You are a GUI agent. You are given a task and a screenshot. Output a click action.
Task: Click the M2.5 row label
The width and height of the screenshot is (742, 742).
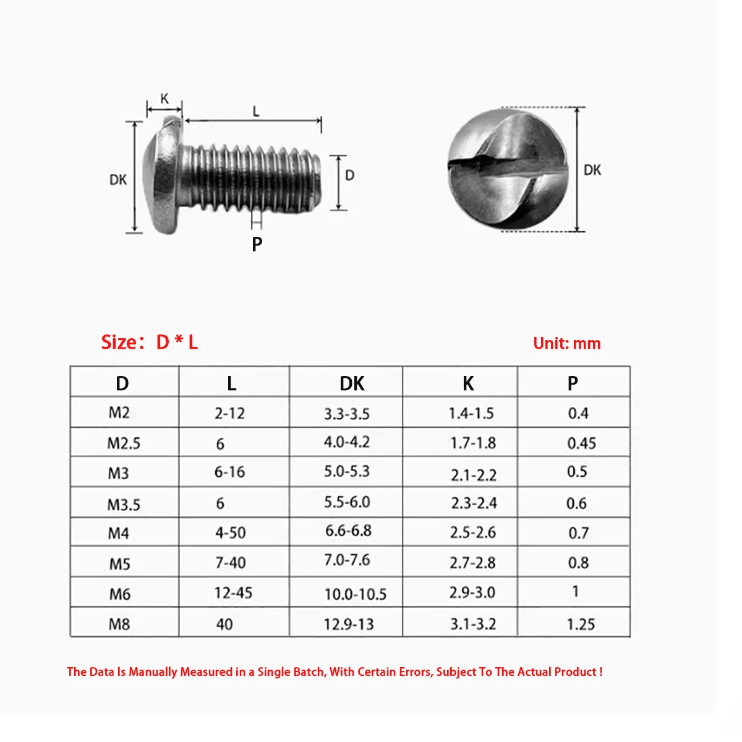[x=124, y=443]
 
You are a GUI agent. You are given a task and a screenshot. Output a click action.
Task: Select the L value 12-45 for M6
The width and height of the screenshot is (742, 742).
[x=233, y=593]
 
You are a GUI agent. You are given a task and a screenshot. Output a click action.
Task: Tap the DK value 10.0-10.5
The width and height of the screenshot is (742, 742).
[x=356, y=595]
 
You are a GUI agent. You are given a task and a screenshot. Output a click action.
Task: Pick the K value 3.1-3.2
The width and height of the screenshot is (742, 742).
[x=473, y=625]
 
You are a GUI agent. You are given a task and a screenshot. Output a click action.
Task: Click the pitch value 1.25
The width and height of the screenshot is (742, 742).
[x=581, y=625]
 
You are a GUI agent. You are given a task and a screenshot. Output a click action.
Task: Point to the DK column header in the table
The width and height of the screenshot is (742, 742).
[x=352, y=383]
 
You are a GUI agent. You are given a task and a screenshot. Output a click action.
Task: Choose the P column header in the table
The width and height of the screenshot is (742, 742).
[x=573, y=383]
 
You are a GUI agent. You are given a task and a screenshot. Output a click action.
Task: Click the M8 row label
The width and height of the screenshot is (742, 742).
[x=119, y=625]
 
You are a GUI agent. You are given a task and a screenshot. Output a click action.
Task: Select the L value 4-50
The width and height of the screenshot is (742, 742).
[x=230, y=533]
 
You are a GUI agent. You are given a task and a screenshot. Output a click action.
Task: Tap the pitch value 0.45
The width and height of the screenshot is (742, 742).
[x=581, y=443]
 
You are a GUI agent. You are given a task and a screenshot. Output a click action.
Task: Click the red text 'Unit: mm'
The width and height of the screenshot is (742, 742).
[x=566, y=344]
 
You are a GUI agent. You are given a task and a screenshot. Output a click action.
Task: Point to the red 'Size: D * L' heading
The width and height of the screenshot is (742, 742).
[x=150, y=342]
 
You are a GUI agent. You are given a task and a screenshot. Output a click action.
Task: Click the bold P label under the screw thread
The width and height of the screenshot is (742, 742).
[x=257, y=244]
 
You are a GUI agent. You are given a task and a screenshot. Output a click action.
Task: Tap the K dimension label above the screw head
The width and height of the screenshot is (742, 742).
[x=164, y=99]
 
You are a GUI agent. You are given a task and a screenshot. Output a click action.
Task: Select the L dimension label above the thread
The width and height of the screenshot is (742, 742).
[x=255, y=112]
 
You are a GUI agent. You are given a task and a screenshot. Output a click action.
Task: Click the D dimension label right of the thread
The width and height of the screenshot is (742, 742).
[x=350, y=176]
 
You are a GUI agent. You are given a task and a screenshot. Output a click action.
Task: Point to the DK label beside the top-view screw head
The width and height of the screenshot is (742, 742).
[x=592, y=170]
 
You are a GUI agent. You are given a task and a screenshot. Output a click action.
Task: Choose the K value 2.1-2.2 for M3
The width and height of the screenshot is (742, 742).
[x=473, y=475]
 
